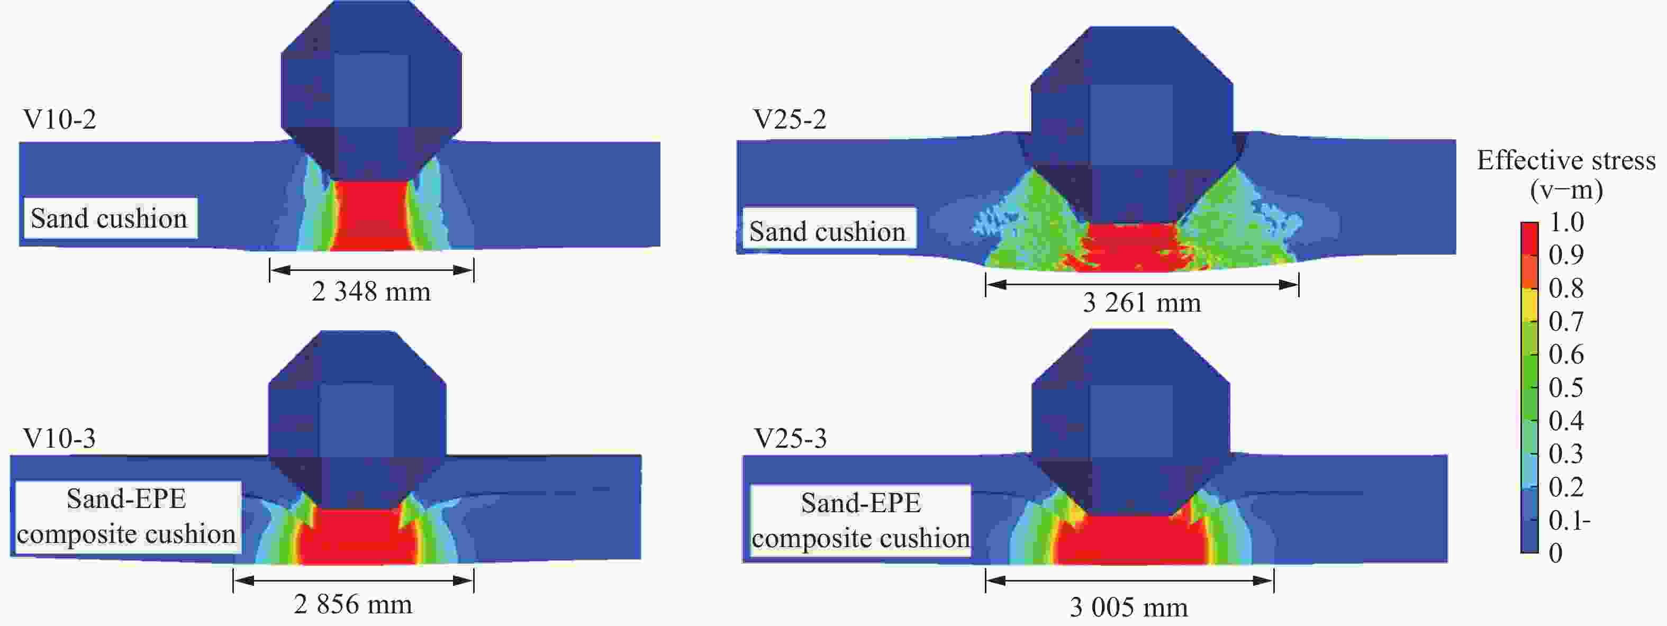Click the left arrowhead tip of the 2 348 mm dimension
point(270,270)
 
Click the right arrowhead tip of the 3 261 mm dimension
point(1298,285)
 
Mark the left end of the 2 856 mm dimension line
point(233,580)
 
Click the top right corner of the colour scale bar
point(1538,223)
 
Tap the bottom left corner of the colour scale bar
point(1521,552)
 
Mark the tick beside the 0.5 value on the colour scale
point(1536,388)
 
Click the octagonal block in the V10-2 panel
point(372,90)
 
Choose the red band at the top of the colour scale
point(1530,238)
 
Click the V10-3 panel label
point(59,438)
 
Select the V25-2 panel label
point(790,119)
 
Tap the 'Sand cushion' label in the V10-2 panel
point(108,218)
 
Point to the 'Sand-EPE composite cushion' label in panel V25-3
point(860,521)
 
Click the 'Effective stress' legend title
point(1566,160)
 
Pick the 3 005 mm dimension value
point(1129,607)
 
